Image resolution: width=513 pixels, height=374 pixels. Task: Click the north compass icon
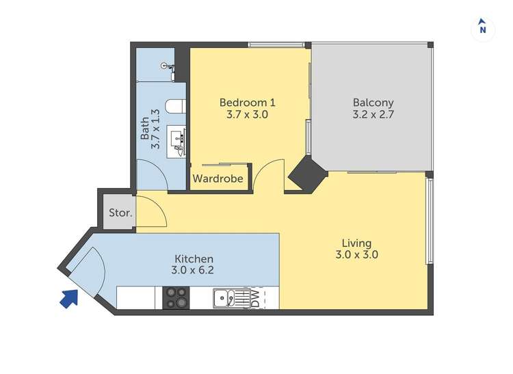coord(483,29)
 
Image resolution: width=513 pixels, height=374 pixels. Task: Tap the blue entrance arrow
coord(70,299)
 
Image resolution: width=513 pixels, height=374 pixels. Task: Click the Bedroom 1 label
coord(248,103)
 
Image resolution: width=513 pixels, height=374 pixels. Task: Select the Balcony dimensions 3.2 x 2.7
coord(373,115)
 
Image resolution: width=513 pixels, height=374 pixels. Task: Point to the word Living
coord(356,243)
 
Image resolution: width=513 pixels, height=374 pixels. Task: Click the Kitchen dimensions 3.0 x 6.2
coord(192,270)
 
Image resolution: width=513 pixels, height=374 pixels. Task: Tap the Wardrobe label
coord(218,178)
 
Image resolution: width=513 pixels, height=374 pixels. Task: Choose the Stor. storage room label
coord(120,213)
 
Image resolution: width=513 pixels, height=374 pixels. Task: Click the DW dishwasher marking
coord(255,298)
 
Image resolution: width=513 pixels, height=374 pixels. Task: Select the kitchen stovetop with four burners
coord(176,298)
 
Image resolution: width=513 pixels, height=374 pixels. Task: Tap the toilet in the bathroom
coord(176,107)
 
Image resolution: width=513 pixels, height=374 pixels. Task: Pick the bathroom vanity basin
coord(176,142)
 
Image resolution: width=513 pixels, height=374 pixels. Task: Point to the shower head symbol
coord(168,67)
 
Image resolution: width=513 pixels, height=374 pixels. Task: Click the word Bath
coord(144,129)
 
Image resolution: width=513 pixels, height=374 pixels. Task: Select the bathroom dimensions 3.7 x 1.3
coord(156,129)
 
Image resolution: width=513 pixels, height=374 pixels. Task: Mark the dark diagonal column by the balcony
coord(308,174)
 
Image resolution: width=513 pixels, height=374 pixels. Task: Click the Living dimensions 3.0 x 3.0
coord(356,254)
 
